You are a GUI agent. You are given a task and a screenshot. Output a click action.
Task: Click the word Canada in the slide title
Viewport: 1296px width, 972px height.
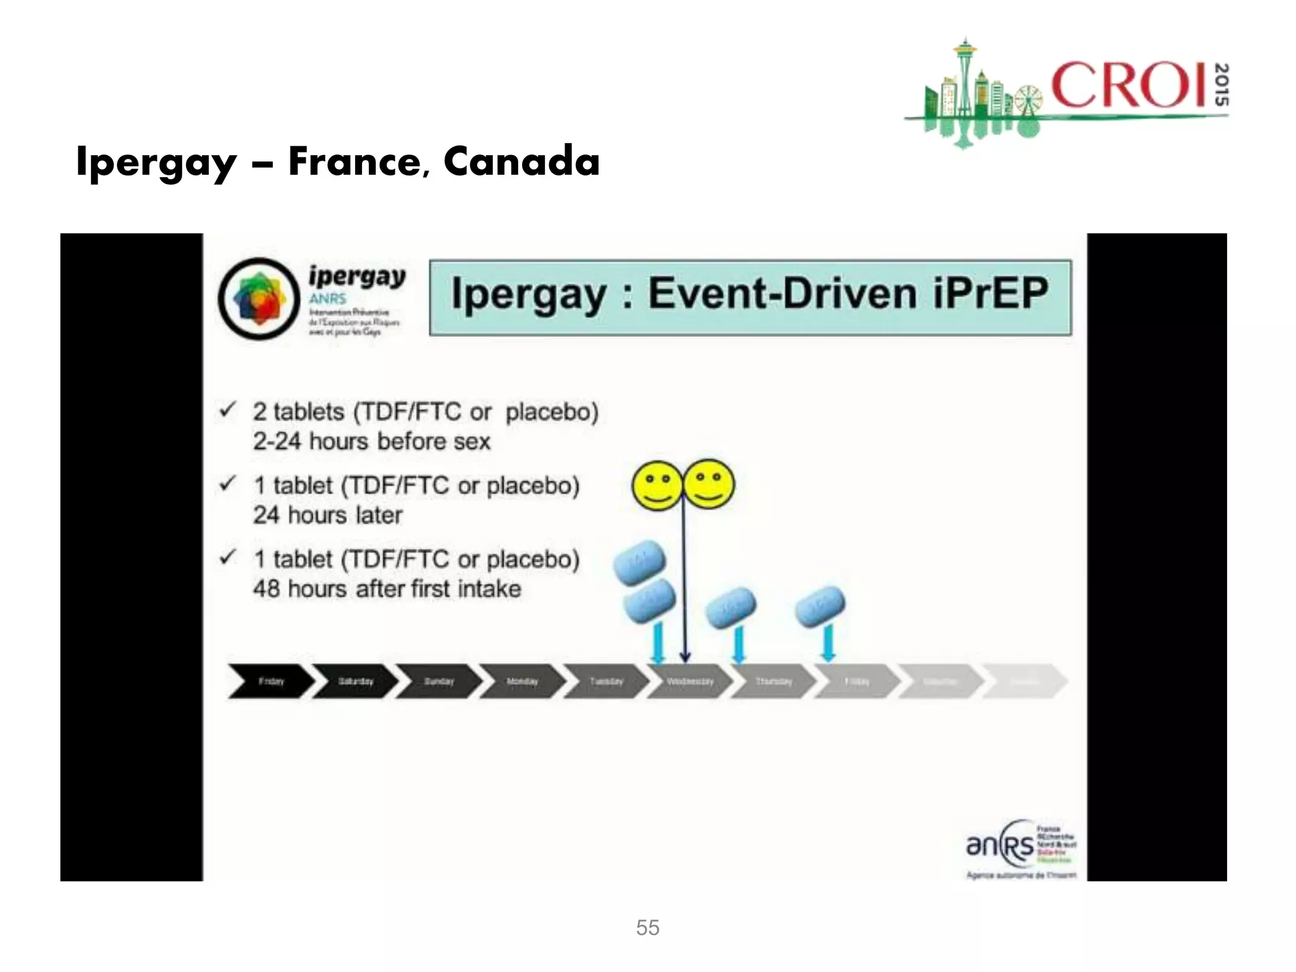[x=521, y=161]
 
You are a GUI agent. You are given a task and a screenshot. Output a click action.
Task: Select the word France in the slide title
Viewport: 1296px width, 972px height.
[x=355, y=161]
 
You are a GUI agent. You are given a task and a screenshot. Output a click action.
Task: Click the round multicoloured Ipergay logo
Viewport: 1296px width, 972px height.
[x=259, y=299]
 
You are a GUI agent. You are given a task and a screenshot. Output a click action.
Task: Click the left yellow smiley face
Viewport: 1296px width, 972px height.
[x=657, y=485]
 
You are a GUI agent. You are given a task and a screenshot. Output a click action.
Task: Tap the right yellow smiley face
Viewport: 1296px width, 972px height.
[x=709, y=484]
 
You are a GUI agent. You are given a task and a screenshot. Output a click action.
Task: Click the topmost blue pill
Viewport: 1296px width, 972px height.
[x=640, y=562]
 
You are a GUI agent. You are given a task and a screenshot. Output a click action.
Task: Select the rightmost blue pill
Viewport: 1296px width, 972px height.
[x=820, y=606]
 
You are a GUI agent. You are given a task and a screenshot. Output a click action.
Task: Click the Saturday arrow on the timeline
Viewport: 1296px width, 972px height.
[x=356, y=682]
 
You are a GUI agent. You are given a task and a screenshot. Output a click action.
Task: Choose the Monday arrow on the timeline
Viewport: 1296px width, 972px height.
[x=522, y=682]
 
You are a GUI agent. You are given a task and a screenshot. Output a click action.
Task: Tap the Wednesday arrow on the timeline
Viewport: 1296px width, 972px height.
[x=690, y=682]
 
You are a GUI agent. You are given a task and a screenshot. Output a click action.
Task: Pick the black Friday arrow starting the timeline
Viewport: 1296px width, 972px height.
[x=271, y=682]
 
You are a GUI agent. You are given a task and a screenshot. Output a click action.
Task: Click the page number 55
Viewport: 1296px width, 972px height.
[x=647, y=928]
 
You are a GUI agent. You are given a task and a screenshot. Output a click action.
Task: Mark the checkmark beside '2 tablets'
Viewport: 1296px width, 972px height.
[x=228, y=410]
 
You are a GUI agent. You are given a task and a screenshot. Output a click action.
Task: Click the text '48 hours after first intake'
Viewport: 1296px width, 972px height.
[x=387, y=589]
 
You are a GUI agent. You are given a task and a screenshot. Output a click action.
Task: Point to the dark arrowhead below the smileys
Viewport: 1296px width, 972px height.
[x=685, y=657]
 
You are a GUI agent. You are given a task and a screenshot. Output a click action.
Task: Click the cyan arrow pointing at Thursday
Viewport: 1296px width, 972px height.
[x=738, y=644]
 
